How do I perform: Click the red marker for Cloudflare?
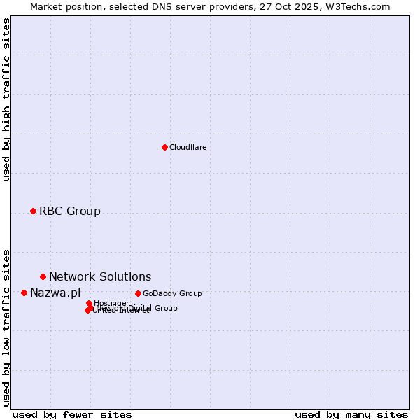click(164, 147)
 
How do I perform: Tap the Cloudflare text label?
click(188, 147)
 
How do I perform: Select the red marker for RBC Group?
click(33, 211)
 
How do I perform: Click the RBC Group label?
click(69, 211)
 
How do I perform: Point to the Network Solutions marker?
click(43, 276)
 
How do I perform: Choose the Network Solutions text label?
click(99, 276)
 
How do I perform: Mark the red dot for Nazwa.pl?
click(24, 293)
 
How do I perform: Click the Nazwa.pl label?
click(55, 293)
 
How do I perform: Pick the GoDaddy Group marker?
click(138, 293)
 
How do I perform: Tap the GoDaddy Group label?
click(171, 293)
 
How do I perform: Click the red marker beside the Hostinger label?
click(89, 303)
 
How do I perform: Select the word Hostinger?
click(111, 303)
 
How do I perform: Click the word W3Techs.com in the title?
click(361, 6)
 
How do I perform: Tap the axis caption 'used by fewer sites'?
click(72, 414)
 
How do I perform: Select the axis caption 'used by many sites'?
click(351, 414)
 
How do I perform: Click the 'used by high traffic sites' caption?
click(7, 99)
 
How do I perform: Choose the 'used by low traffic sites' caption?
click(7, 327)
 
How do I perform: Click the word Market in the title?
click(46, 6)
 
